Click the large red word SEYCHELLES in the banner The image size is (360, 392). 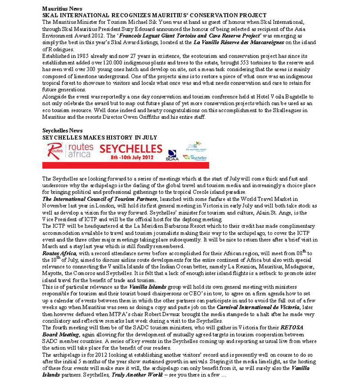click(131, 149)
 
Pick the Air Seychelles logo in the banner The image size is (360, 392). click(197, 158)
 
